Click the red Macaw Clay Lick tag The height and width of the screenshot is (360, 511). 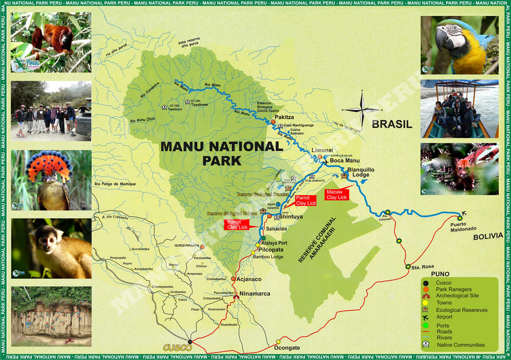pyautogui.click(x=336, y=194)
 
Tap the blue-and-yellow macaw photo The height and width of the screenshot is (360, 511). pyautogui.click(x=459, y=45)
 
